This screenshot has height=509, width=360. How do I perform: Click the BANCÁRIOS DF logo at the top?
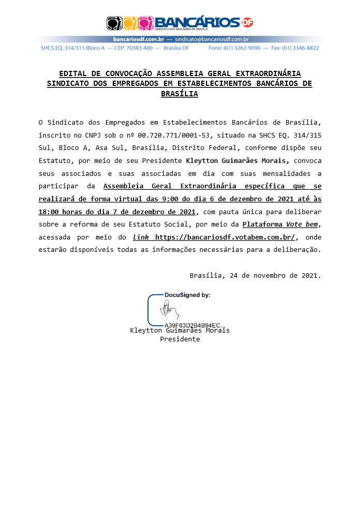179,23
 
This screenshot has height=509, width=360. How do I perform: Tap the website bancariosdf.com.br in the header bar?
138,39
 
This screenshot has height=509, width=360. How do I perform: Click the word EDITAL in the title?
72,74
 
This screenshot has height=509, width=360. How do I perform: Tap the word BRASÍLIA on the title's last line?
179,94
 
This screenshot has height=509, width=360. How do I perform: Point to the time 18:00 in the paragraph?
49,212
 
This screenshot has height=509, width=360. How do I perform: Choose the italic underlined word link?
142,237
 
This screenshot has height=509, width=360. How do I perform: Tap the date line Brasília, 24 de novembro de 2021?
255,275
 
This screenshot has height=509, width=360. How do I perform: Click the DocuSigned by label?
187,295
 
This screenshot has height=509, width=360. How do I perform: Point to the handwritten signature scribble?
169,310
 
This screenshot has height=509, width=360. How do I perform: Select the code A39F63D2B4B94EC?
192,325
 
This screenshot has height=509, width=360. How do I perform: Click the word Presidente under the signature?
179,339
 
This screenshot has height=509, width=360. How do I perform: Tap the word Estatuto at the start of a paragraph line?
55,160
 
